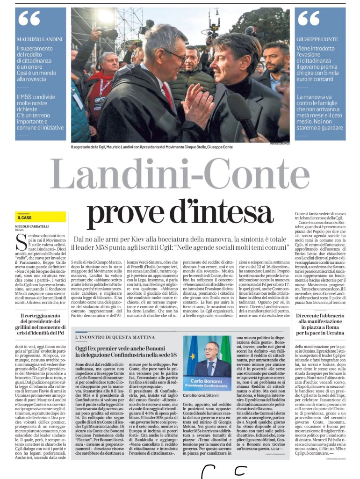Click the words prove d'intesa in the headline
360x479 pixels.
point(180,213)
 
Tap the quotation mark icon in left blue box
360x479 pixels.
point(29,19)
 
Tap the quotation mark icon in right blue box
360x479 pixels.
point(309,19)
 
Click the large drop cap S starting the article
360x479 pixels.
point(20,243)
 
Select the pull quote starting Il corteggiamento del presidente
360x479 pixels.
point(41,324)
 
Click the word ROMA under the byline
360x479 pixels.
point(20,231)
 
